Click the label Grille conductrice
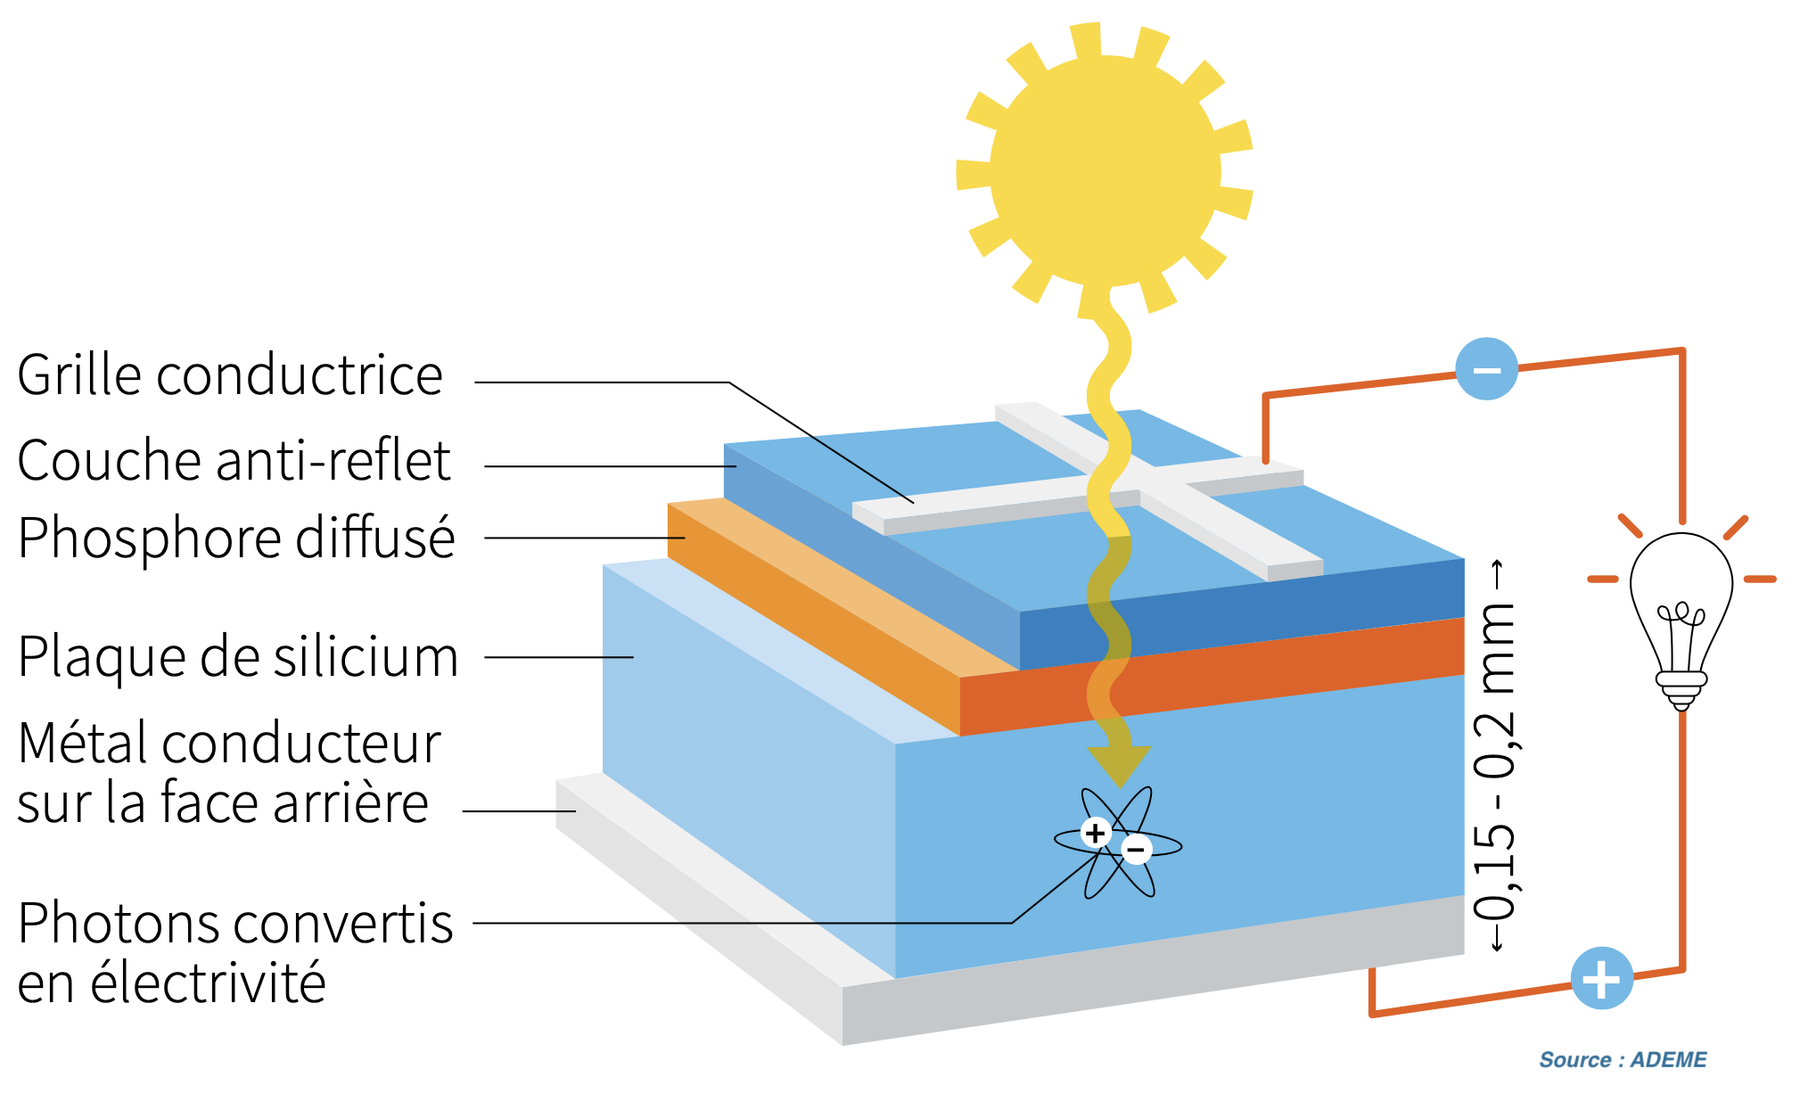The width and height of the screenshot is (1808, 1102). coord(230,375)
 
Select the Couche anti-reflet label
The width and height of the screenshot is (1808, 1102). coord(234,461)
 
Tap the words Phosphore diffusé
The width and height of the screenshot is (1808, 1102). coord(236,538)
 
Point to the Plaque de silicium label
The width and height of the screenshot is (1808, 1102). coord(237,657)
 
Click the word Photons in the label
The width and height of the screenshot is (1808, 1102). coord(119,923)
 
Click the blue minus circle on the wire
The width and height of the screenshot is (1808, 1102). coord(1486,369)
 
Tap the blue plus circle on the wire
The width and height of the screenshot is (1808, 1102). coord(1601,978)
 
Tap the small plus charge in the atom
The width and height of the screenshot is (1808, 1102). coord(1095,833)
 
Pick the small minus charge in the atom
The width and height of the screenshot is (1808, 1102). coord(1136,850)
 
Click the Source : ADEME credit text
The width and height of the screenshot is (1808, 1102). coord(1623,1059)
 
